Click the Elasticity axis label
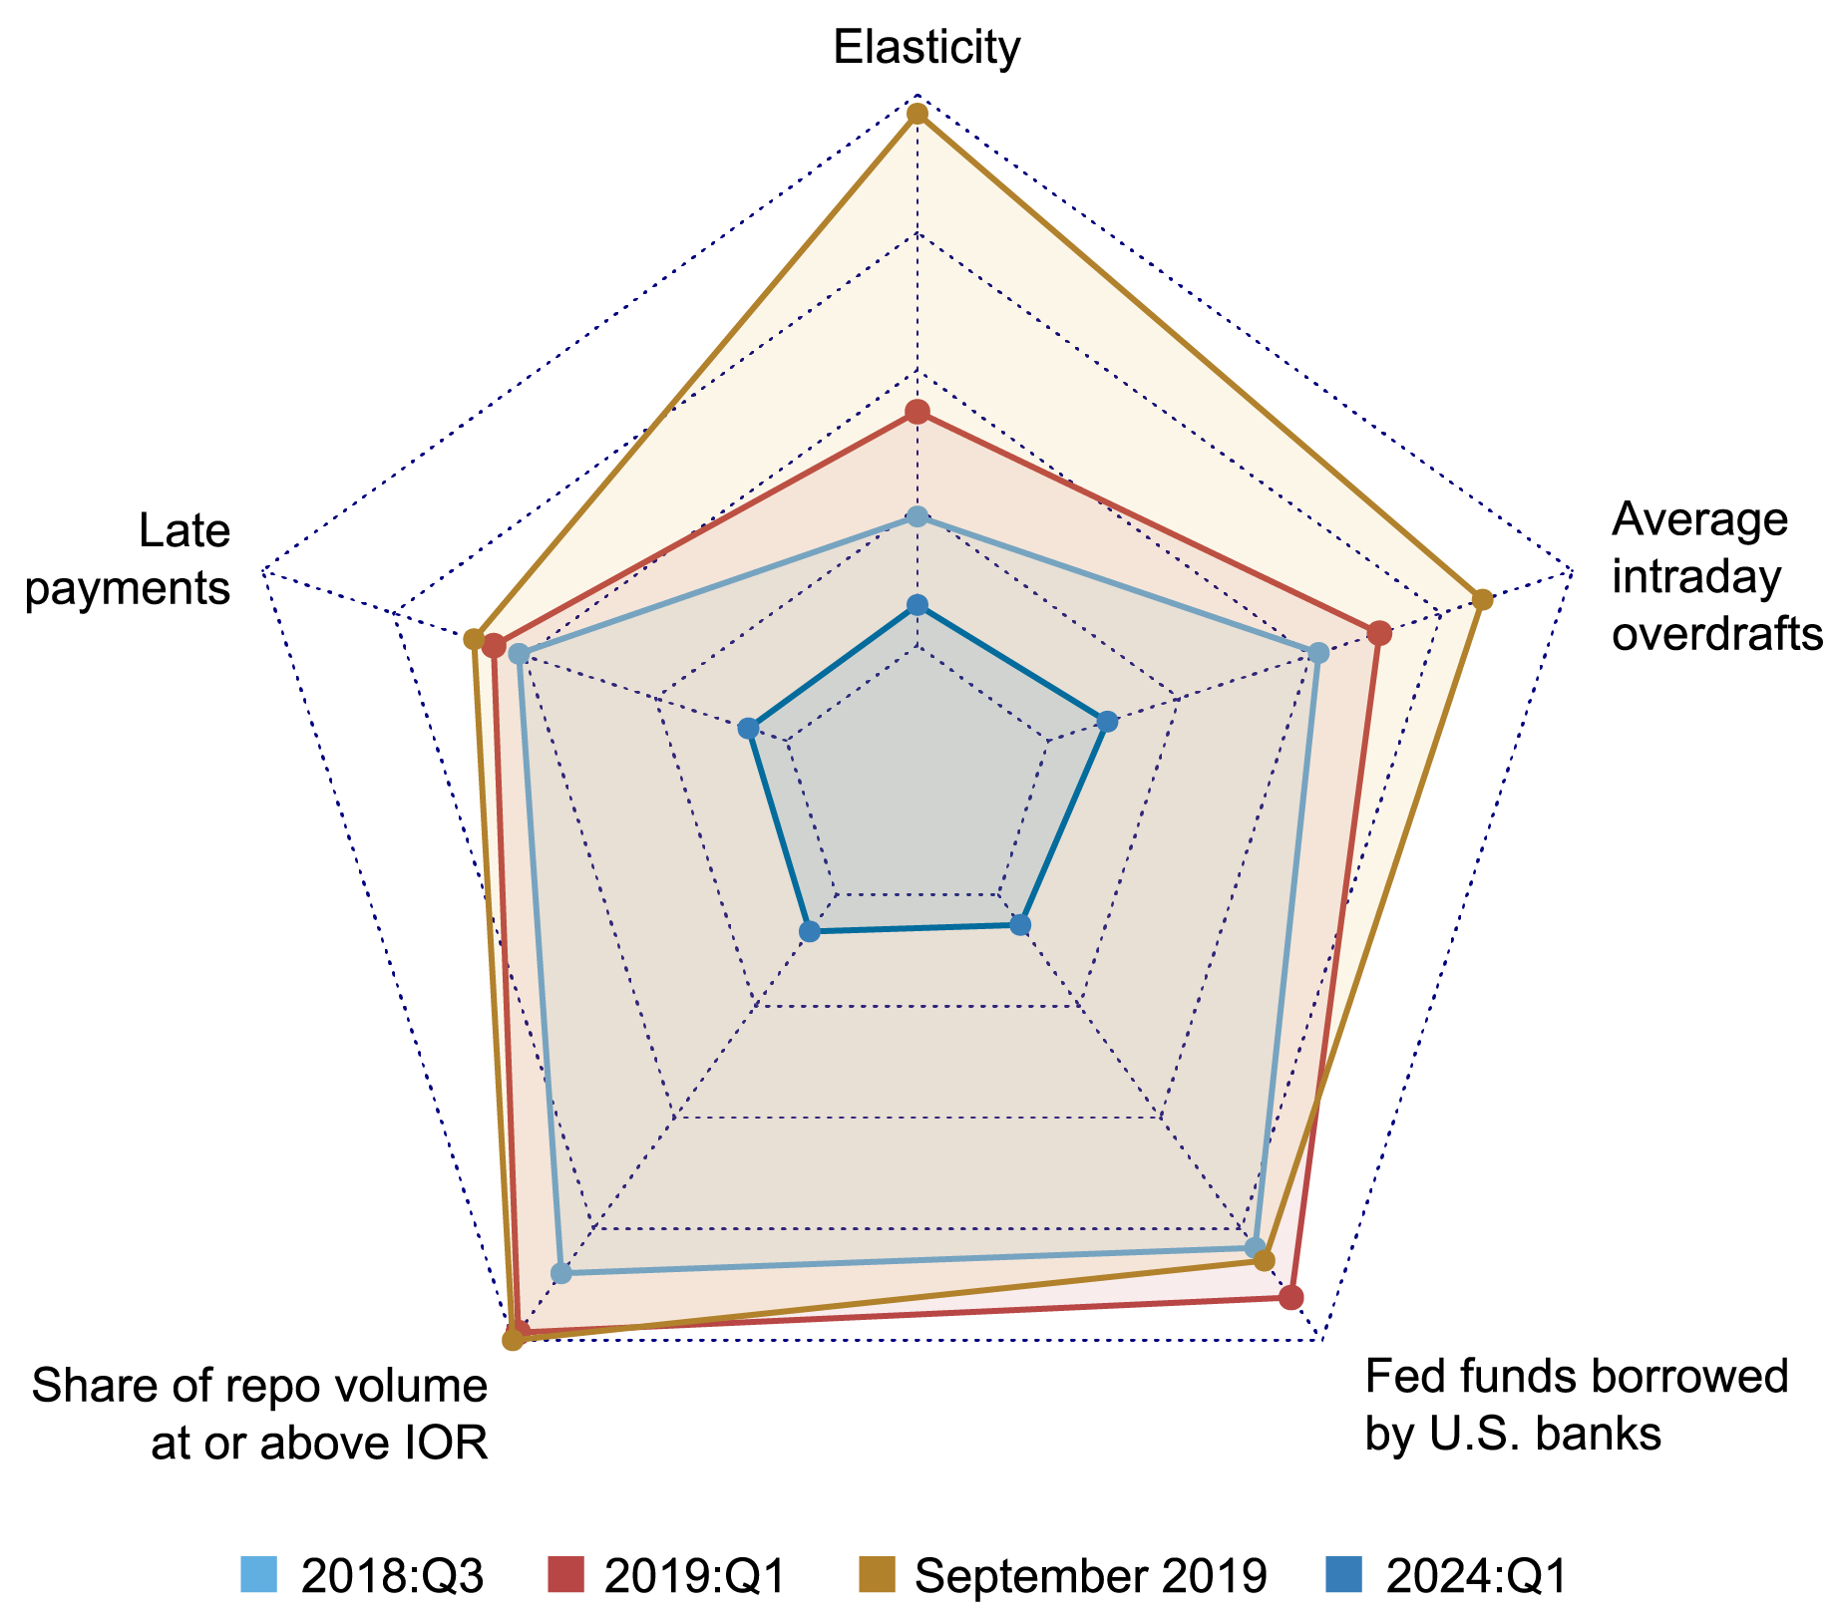point(926,48)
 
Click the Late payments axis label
point(129,559)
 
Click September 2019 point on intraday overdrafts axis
point(1483,599)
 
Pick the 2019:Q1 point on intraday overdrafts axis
point(1379,632)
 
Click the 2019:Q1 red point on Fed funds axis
point(1291,1297)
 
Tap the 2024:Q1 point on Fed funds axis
point(1019,925)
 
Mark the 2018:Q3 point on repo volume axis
point(560,1273)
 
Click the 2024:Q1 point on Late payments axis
point(749,729)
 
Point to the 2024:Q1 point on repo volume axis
point(810,932)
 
